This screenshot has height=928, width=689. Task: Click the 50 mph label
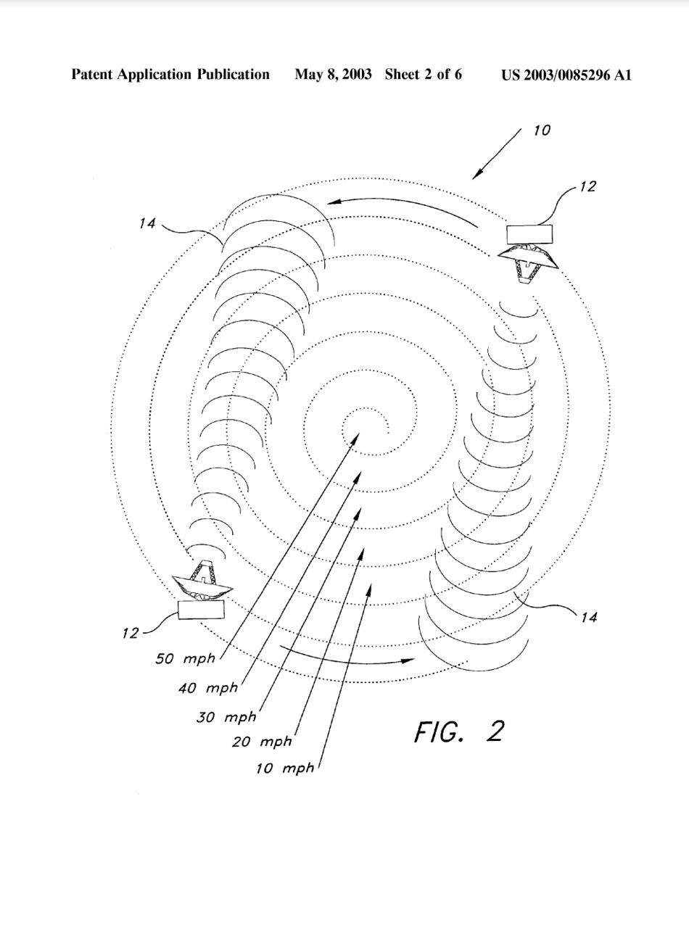tap(186, 659)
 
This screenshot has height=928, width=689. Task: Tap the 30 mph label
tap(226, 718)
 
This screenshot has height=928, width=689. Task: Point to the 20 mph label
tap(262, 742)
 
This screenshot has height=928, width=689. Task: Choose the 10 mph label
tap(284, 768)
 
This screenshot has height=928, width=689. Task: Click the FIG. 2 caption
tap(459, 732)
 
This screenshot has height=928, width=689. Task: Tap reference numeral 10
tap(542, 130)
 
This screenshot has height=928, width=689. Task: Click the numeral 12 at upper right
tap(587, 186)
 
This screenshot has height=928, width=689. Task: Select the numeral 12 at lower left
tap(130, 633)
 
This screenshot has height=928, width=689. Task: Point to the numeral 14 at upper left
tap(147, 223)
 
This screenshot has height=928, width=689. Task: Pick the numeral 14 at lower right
tap(588, 617)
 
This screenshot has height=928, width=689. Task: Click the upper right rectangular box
tap(529, 234)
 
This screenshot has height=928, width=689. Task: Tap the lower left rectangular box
tap(201, 610)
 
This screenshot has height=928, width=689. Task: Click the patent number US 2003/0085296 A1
tap(566, 75)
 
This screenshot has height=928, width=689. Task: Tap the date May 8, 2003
tap(333, 75)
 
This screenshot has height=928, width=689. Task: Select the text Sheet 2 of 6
tap(424, 75)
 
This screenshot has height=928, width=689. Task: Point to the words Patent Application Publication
tap(170, 75)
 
